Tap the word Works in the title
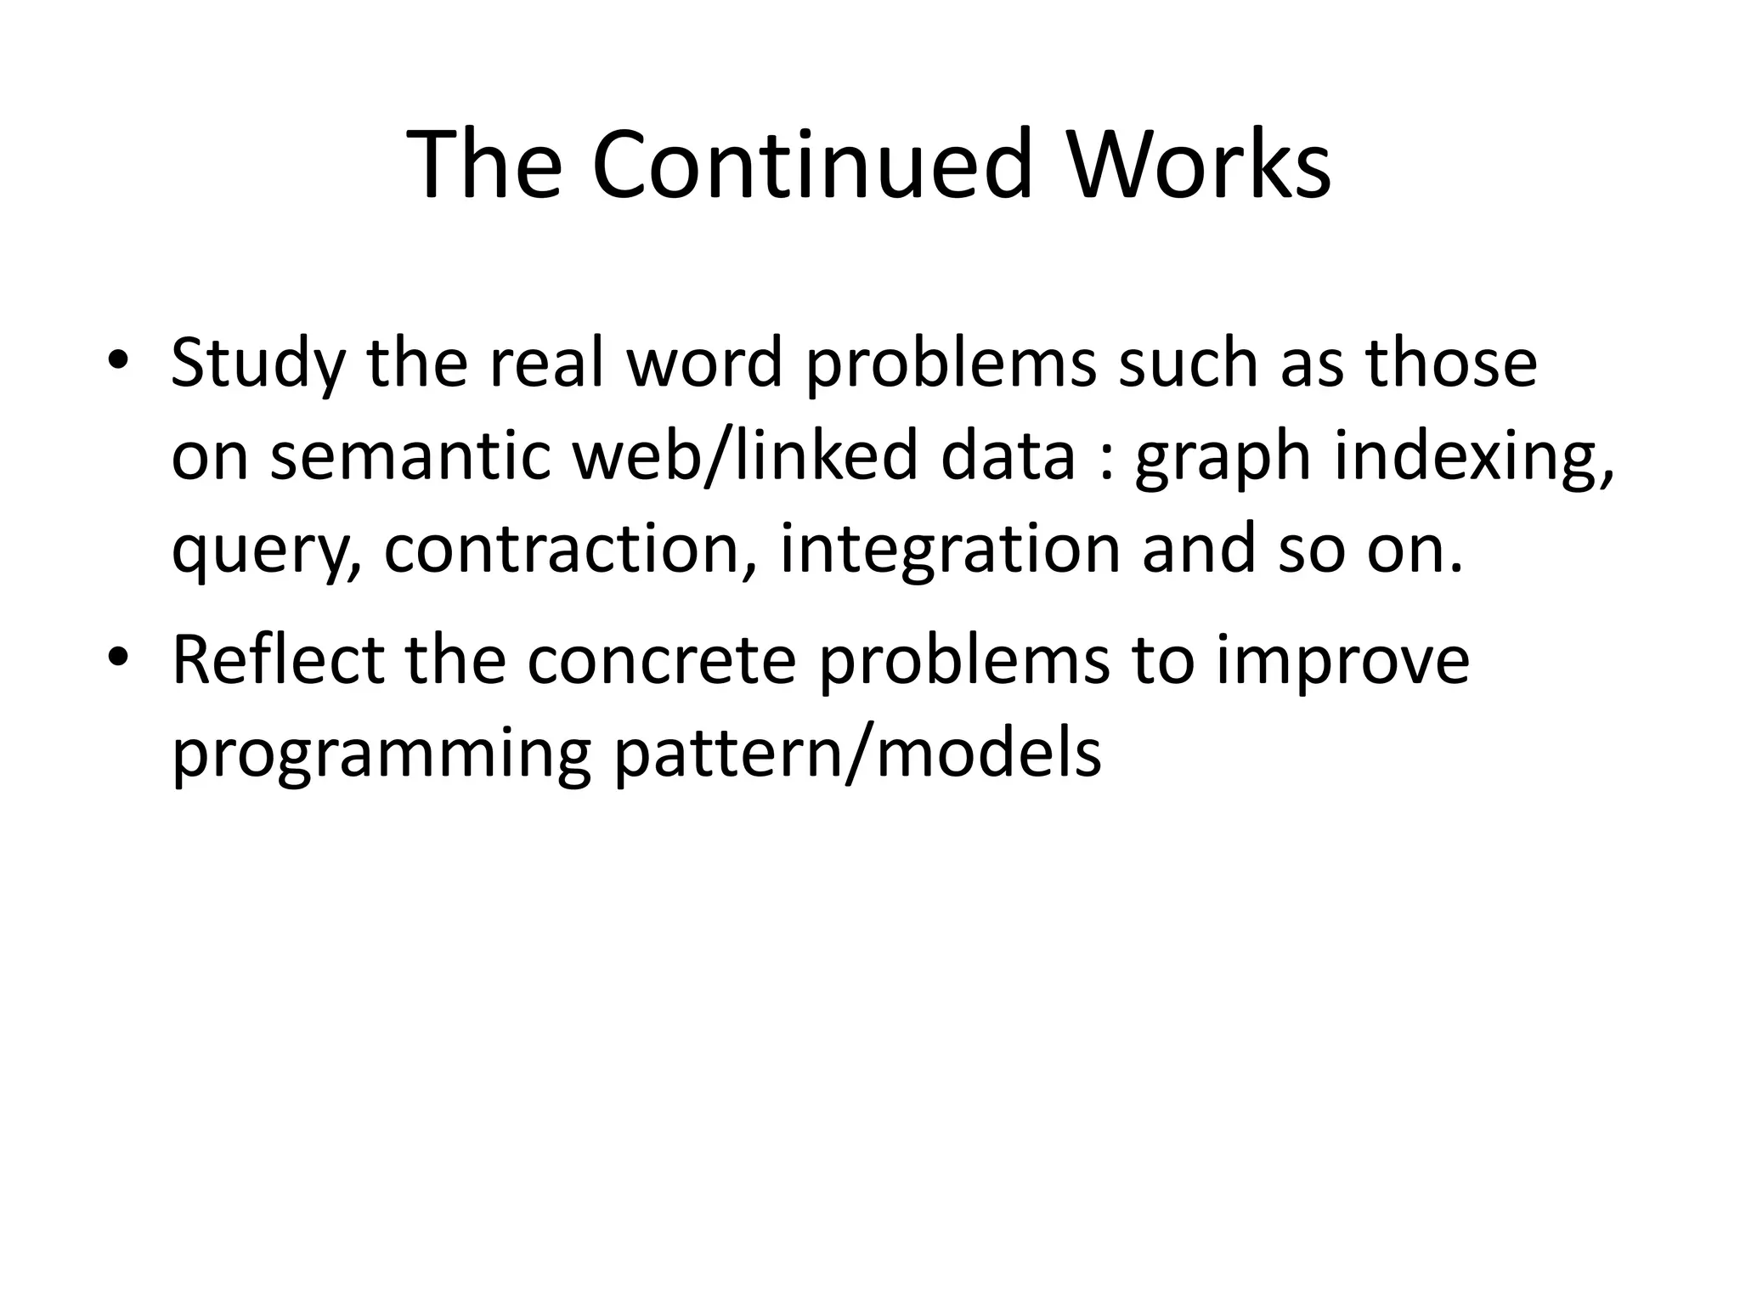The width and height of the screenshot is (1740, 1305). [1199, 164]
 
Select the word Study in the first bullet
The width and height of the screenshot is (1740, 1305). [258, 364]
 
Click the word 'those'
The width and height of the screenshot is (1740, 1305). [1451, 363]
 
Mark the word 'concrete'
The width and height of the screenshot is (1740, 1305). [661, 661]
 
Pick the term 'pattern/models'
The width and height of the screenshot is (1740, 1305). [857, 754]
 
